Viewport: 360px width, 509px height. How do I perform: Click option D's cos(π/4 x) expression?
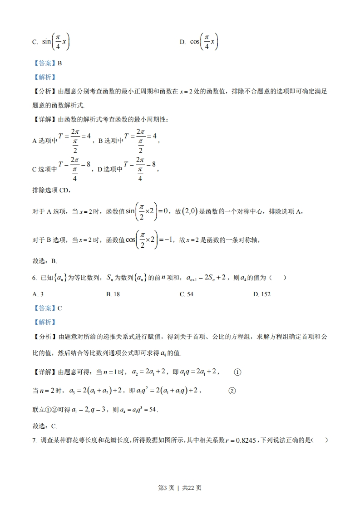(x=204, y=42)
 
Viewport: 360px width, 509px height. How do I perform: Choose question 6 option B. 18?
(x=113, y=294)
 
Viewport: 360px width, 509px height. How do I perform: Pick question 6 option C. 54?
(x=187, y=294)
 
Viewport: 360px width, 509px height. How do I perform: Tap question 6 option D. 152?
(x=262, y=294)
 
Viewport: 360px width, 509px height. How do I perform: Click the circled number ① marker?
(x=237, y=372)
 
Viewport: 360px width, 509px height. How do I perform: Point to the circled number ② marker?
(x=232, y=391)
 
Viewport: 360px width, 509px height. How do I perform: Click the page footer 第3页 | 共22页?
(x=180, y=488)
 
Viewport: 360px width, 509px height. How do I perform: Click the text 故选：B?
(x=45, y=261)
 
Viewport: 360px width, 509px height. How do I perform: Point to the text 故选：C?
(x=45, y=426)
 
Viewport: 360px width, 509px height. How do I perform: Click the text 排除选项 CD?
(x=52, y=190)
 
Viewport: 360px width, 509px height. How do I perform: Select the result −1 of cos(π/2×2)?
(x=168, y=240)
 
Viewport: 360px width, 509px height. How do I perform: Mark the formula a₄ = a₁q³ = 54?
(x=138, y=410)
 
